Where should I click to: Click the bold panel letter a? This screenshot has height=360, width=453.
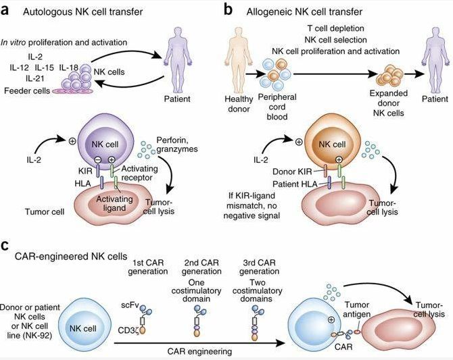point(7,11)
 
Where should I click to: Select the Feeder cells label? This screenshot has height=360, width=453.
point(26,91)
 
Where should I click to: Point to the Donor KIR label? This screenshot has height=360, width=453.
point(283,172)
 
